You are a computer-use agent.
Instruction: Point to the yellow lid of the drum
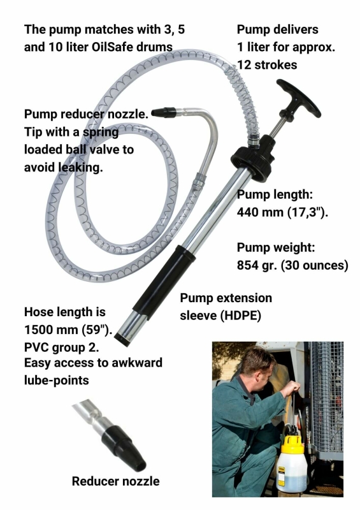[x=292, y=444]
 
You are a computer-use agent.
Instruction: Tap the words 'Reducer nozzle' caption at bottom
[x=115, y=481]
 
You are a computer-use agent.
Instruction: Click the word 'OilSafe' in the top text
[x=112, y=47]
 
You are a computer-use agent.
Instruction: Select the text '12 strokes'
[x=267, y=65]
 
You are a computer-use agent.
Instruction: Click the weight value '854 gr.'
[x=257, y=265]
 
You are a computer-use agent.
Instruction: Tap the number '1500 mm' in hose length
[x=51, y=330]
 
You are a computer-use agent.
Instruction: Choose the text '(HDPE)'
[x=241, y=316]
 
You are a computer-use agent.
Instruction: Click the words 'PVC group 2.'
[x=61, y=347]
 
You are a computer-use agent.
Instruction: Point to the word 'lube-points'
[x=56, y=380]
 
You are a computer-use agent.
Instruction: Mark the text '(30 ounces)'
[x=315, y=265]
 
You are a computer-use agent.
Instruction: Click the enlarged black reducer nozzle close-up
[x=124, y=448]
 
